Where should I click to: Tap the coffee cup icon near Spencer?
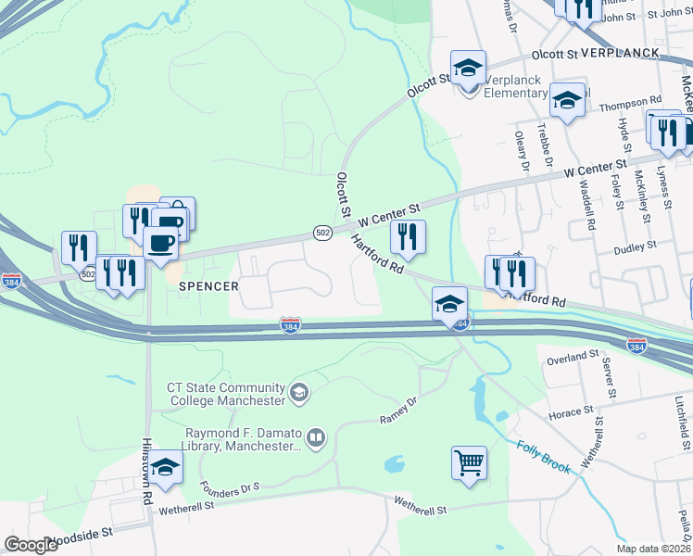coord(160,243)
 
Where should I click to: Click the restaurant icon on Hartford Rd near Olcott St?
coord(408,238)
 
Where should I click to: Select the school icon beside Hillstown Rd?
coord(166,468)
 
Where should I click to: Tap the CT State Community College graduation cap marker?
coord(299,393)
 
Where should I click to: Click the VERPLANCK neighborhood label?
coord(621,53)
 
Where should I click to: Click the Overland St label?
coord(573,358)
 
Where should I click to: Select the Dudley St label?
coord(635,246)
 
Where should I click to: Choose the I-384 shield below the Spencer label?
coord(290,325)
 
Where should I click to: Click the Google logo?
coord(31,545)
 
